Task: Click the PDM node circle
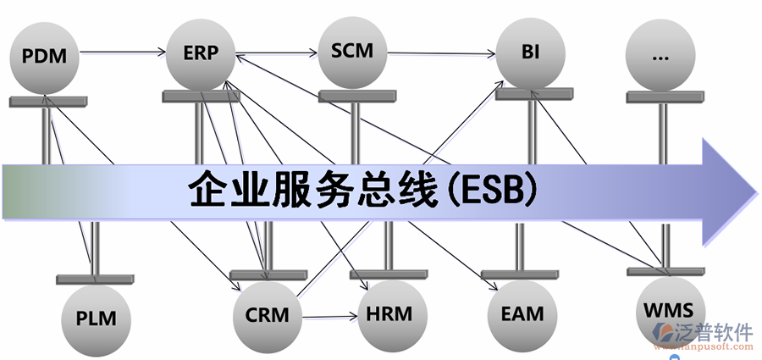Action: pyautogui.click(x=44, y=57)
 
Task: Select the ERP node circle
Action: pyautogui.click(x=201, y=53)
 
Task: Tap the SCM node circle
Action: pyautogui.click(x=352, y=51)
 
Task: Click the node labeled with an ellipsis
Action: pyautogui.click(x=661, y=57)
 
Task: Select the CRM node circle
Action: pyautogui.click(x=268, y=316)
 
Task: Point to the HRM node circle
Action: pyautogui.click(x=390, y=314)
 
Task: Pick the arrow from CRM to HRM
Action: pyautogui.click(x=330, y=318)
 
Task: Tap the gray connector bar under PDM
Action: pyautogui.click(x=47, y=102)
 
